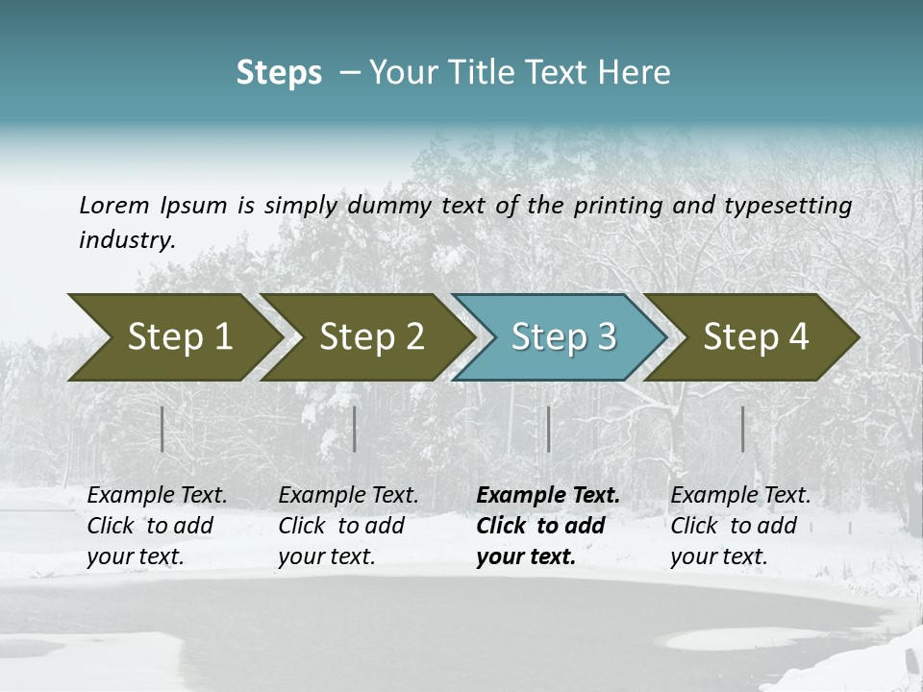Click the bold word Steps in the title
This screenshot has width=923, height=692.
tap(279, 73)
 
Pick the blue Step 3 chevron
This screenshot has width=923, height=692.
tap(558, 336)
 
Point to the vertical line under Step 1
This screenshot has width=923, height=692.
tap(162, 429)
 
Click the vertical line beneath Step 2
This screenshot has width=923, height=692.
tap(355, 429)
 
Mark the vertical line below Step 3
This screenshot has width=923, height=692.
tap(548, 429)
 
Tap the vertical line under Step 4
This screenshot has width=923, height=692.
tap(742, 429)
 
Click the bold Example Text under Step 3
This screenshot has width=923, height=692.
tap(548, 496)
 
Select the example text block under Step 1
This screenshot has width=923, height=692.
tap(157, 526)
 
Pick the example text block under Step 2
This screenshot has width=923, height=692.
tap(348, 526)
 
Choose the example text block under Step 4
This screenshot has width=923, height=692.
tap(740, 526)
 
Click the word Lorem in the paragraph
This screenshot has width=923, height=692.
tap(114, 205)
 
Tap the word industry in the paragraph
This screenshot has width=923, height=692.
tap(126, 239)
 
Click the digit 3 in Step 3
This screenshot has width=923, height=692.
tap(606, 336)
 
